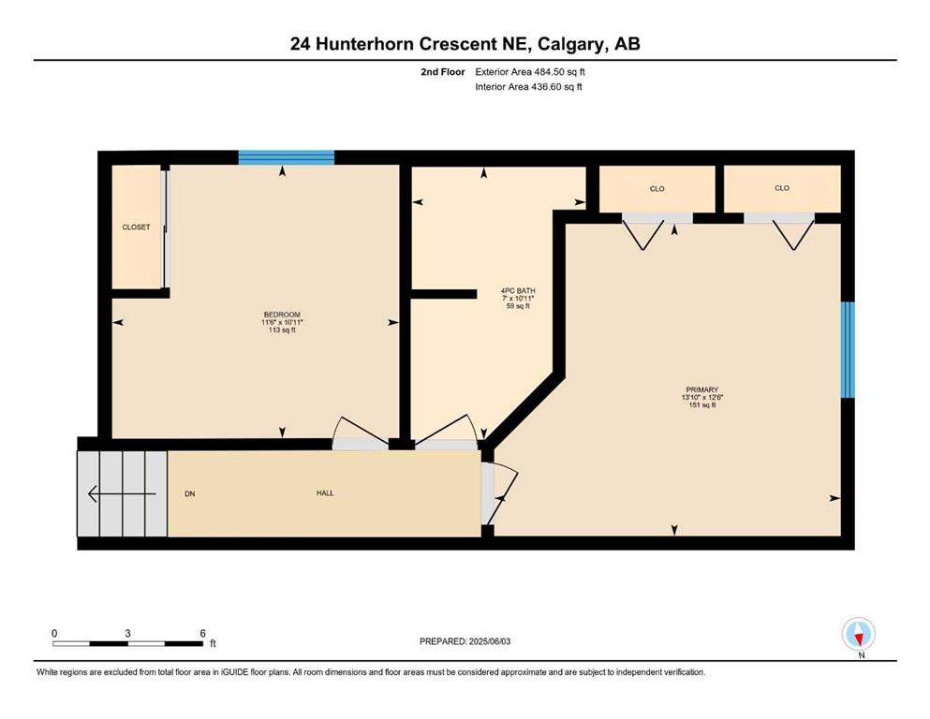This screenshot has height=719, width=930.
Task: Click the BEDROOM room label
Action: (282, 315)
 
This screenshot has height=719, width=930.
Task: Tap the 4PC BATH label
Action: (518, 290)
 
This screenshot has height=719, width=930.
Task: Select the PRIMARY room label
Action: (702, 390)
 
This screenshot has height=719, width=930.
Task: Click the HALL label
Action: (325, 493)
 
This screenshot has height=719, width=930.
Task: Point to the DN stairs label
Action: (190, 493)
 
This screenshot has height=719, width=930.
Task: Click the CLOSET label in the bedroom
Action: (136, 227)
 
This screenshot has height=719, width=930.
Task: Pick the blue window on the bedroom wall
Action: (287, 157)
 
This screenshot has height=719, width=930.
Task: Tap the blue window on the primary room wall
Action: (849, 350)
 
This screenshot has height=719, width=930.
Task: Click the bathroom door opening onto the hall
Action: (446, 431)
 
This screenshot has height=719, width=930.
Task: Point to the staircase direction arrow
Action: (122, 493)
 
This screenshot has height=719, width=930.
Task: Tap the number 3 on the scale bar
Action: (127, 633)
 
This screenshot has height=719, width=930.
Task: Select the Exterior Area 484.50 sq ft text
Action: (530, 72)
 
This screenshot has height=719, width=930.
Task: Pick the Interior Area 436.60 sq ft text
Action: (528, 86)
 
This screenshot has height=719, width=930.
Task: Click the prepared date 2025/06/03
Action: (489, 641)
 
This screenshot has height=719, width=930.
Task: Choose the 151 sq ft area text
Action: (702, 405)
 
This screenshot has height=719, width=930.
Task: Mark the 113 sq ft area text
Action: (282, 330)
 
